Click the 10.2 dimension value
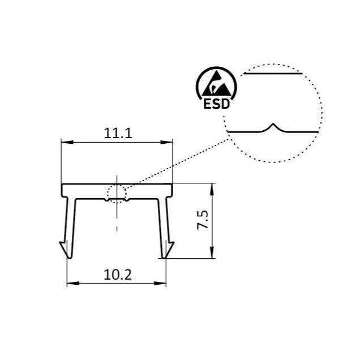click(x=118, y=275)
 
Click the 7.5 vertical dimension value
click(x=203, y=219)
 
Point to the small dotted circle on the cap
click(x=117, y=194)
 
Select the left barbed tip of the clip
click(x=66, y=250)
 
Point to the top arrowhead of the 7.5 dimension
click(x=212, y=187)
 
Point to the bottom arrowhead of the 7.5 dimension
click(x=212, y=254)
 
